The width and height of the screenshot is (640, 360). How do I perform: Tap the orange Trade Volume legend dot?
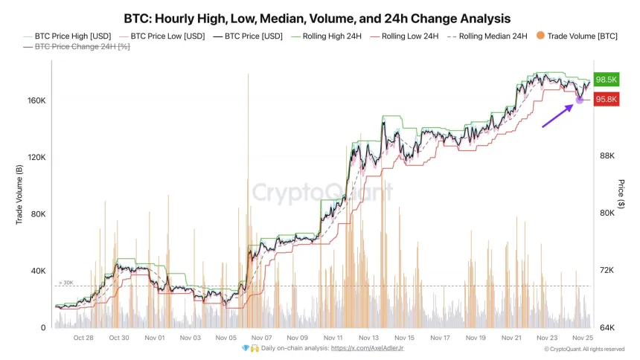[540, 35]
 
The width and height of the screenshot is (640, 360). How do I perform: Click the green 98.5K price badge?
[607, 80]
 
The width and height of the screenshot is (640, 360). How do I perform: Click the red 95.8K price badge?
[607, 100]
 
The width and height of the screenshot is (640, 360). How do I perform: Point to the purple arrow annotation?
[557, 116]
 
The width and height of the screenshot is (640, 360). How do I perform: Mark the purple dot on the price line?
[580, 100]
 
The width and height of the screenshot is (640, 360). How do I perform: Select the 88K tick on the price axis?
[607, 156]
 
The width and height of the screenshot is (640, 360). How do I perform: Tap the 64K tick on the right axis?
[607, 327]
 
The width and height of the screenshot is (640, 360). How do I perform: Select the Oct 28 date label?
[83, 338]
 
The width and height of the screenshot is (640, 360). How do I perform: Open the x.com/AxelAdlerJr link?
[367, 348]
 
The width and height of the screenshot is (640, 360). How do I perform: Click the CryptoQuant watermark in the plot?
[321, 193]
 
